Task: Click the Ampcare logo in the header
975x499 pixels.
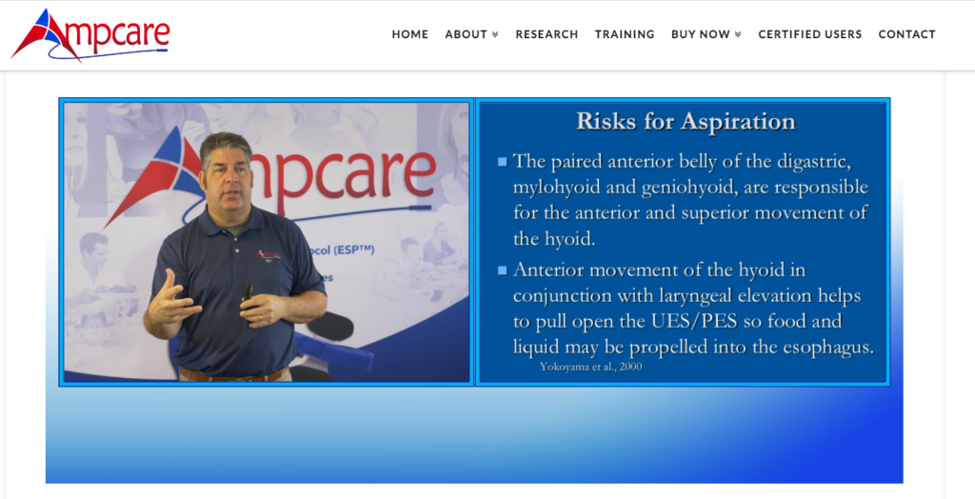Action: point(90,34)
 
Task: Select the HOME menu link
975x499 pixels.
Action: point(409,34)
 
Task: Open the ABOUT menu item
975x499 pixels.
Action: point(471,34)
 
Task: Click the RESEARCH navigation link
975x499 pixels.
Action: point(547,34)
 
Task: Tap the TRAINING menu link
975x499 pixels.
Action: point(625,34)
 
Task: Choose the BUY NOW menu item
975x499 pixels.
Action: point(706,34)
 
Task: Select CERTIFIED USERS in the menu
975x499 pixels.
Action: point(809,34)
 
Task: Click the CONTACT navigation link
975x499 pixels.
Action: point(906,34)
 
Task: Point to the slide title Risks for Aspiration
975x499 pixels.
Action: point(685,122)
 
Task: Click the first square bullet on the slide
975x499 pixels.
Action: point(502,161)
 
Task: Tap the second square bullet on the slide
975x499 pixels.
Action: point(502,271)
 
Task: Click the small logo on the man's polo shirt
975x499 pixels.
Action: point(269,254)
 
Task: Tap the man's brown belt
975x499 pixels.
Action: point(232,374)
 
